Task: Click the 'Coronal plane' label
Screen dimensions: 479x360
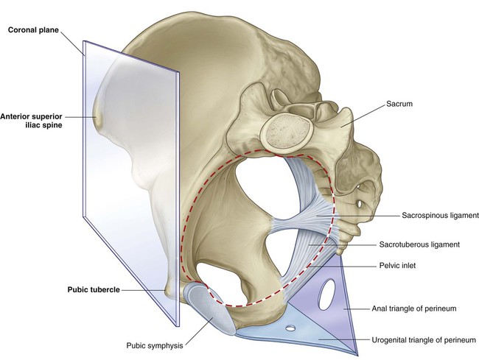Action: coord(33,30)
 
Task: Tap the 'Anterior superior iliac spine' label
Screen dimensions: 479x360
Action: coord(31,121)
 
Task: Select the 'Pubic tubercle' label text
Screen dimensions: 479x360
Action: coord(94,289)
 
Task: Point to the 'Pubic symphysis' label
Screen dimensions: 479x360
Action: coord(155,346)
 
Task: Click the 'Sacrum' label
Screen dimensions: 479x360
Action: coord(399,104)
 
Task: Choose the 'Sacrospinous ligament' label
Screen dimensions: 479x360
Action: coord(440,216)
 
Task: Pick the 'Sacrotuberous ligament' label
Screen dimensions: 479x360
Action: coord(419,244)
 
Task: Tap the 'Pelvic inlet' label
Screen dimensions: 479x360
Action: coord(397,266)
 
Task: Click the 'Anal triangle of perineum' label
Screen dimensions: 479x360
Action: coord(414,308)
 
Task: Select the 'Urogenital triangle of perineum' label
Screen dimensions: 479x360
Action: coord(424,339)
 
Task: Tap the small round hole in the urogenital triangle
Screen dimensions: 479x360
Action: coord(290,328)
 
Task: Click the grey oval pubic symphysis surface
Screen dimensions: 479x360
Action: coord(211,308)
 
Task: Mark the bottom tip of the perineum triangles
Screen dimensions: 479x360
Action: coord(357,355)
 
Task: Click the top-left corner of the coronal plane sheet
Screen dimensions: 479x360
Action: coord(83,41)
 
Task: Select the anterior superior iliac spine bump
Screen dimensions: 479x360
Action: coord(97,118)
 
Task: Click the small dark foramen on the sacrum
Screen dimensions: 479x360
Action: coord(360,202)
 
